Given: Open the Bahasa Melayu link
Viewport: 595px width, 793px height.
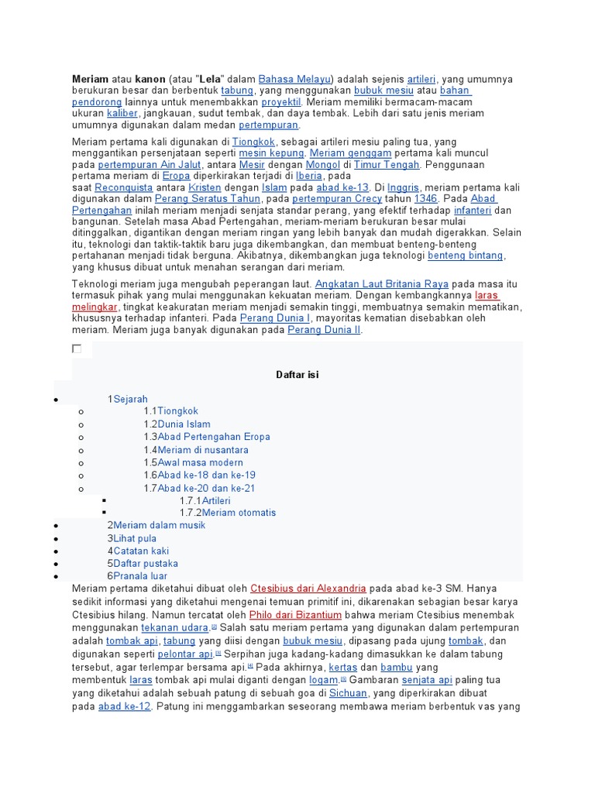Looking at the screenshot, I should tap(294, 79).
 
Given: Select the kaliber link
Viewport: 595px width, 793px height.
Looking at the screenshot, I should tap(122, 113).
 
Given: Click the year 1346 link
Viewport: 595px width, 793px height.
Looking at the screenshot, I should tap(426, 199).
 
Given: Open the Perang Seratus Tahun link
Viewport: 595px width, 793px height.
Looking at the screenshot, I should tap(199, 199).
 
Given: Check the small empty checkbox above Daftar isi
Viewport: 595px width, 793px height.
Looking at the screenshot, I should tap(77, 349).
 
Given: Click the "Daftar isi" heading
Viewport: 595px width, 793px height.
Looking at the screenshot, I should tap(297, 375).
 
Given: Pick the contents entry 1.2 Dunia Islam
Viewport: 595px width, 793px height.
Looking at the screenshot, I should tap(183, 424).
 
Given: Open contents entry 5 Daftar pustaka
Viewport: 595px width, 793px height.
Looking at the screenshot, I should tap(145, 563).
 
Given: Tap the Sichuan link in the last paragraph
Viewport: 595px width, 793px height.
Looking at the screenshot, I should tap(348, 694).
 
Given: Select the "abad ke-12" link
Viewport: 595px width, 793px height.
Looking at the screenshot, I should tap(124, 706).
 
